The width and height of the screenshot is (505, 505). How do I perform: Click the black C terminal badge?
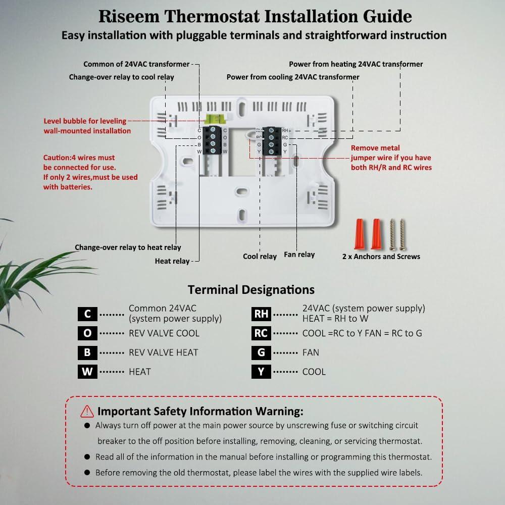tap(88, 314)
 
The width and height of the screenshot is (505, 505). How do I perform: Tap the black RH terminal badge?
tap(261, 314)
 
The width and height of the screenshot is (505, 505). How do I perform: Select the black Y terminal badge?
tap(261, 372)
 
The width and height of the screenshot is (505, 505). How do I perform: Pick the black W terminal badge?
tap(88, 372)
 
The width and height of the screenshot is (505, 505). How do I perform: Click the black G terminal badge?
tap(261, 352)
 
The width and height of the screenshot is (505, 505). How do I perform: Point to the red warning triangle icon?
tap(87, 411)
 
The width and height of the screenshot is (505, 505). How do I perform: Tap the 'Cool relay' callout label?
tap(260, 257)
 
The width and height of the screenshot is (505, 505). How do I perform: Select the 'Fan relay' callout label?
tap(299, 255)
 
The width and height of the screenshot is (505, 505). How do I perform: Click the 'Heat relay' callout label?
tap(172, 261)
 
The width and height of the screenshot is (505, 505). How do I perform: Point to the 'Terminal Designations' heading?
tap(251, 290)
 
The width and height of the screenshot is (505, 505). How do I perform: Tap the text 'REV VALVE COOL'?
tap(164, 333)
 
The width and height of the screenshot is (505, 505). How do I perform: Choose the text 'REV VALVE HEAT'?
tap(163, 352)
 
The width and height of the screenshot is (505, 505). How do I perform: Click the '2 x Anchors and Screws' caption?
tap(381, 257)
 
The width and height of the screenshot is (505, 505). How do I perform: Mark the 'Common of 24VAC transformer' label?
tap(136, 64)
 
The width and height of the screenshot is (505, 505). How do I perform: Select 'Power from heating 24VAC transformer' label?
tap(356, 64)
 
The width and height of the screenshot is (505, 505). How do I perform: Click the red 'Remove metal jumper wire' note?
tap(391, 158)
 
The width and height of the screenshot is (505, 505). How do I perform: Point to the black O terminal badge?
tap(88, 333)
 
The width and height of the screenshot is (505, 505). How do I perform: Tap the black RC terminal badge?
tap(261, 333)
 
